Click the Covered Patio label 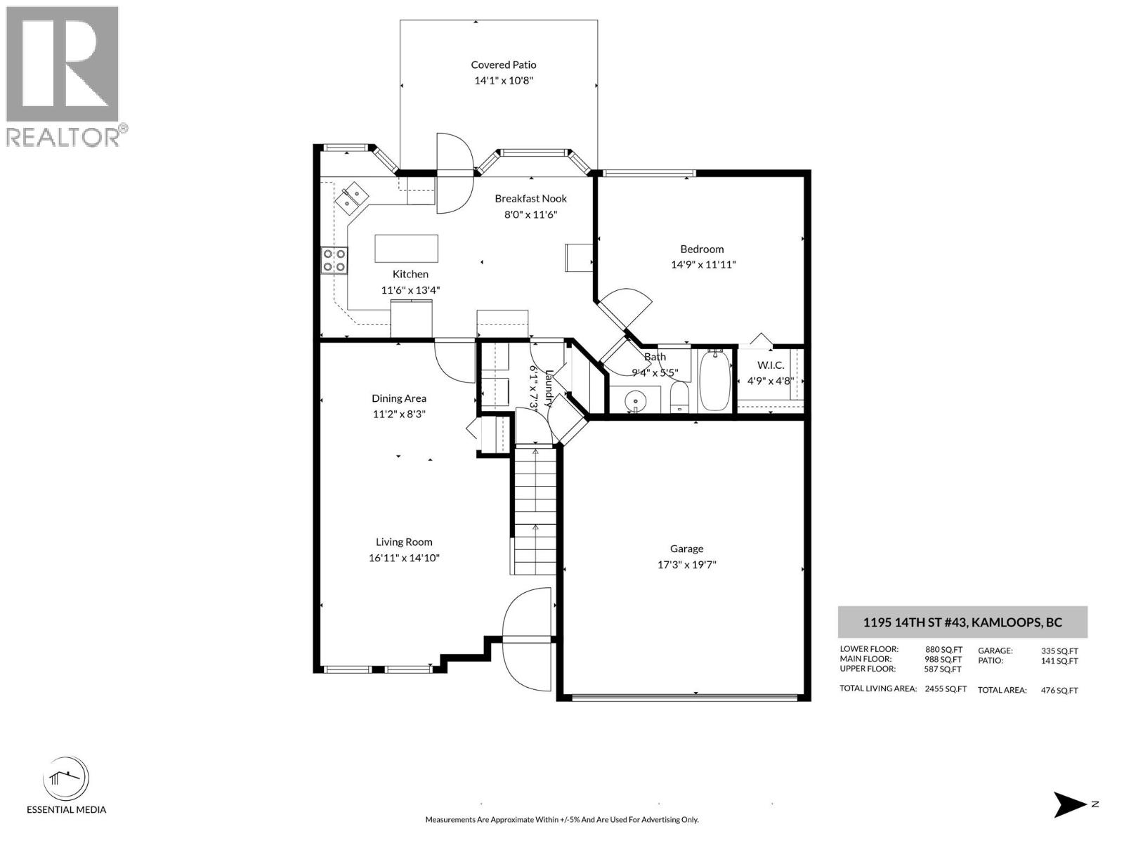pos(503,65)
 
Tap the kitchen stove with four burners pos(334,260)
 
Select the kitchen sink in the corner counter pos(352,197)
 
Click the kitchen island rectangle pos(406,248)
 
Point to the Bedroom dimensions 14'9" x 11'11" pos(702,265)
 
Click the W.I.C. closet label pos(770,365)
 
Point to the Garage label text pos(686,549)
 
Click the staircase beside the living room pos(536,513)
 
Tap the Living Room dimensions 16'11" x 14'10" pos(404,558)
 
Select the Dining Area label pos(398,398)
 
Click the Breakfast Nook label pos(530,199)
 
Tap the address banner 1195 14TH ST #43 pos(962,622)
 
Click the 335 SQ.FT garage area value pos(1059,651)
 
